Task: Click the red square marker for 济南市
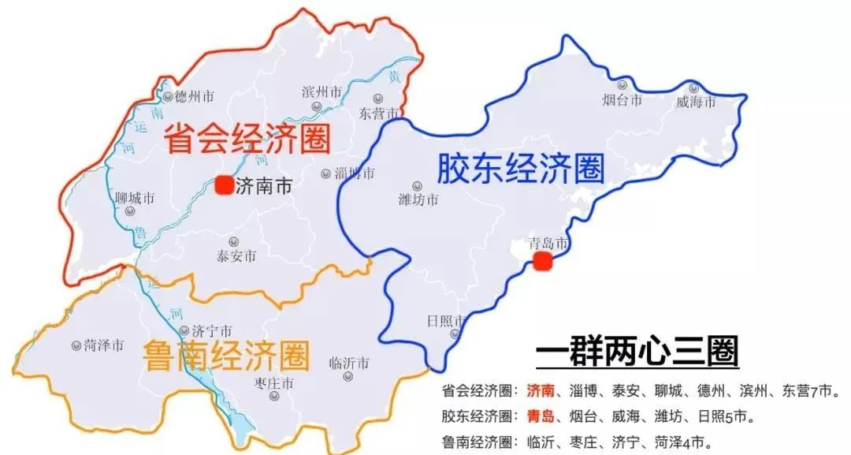click(x=224, y=185)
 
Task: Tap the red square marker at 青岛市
click(x=541, y=262)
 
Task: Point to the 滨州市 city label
click(x=321, y=92)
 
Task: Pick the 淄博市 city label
click(x=353, y=173)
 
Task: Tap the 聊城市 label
click(x=134, y=198)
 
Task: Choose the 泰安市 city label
click(x=236, y=256)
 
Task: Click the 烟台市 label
click(x=622, y=100)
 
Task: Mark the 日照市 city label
click(x=445, y=322)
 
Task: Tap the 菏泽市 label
click(x=104, y=345)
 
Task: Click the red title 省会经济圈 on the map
click(x=247, y=141)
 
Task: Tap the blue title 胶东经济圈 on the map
click(x=520, y=167)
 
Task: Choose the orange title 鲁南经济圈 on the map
click(x=226, y=356)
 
